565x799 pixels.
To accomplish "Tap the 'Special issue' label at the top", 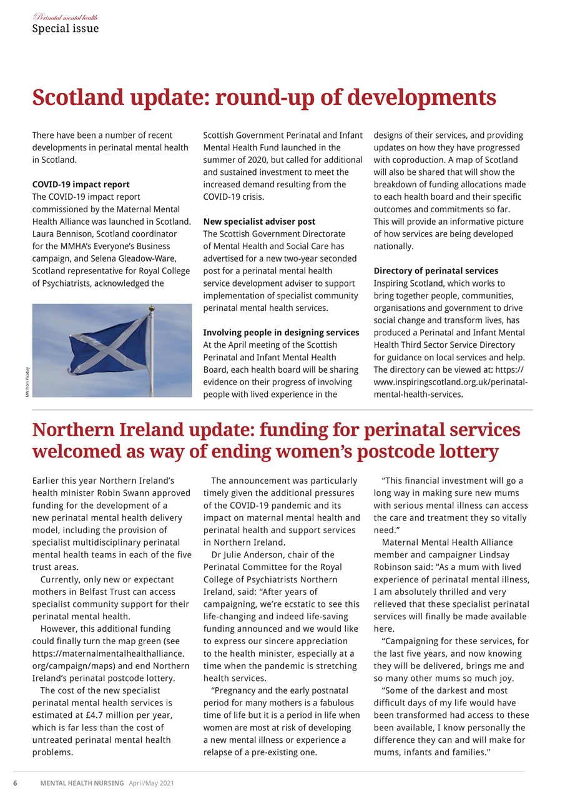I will point(65,29).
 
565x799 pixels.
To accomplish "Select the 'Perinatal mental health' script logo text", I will point(65,17).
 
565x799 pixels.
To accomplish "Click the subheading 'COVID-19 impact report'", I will point(81,185).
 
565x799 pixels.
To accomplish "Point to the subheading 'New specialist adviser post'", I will point(259,222).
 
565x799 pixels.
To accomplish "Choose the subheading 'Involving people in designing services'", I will point(281,333).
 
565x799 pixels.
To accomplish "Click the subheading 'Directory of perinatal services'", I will point(436,271).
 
